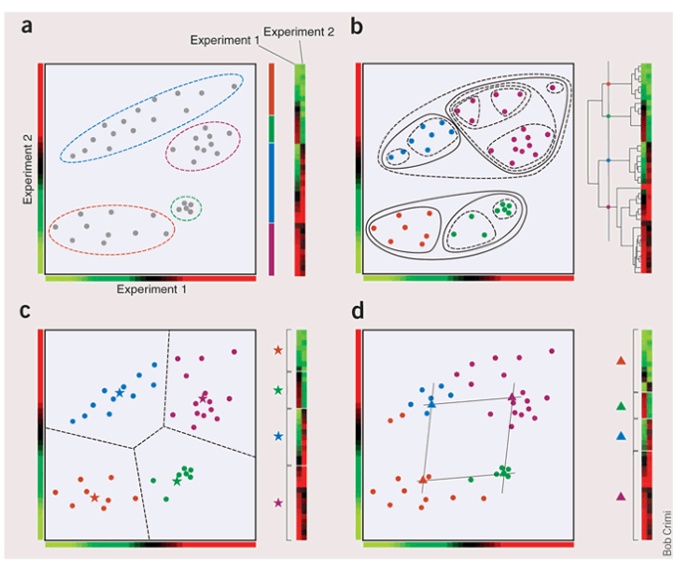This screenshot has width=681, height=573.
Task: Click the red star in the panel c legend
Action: click(x=277, y=350)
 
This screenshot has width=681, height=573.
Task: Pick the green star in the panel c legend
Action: click(x=277, y=391)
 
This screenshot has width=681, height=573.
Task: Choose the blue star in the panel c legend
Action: click(x=277, y=436)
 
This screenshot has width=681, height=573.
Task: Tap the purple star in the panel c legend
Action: click(x=277, y=503)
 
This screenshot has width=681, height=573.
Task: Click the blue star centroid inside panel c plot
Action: click(x=119, y=394)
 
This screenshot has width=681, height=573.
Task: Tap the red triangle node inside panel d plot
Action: click(x=424, y=480)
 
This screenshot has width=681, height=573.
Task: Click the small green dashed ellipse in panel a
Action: click(x=185, y=207)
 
